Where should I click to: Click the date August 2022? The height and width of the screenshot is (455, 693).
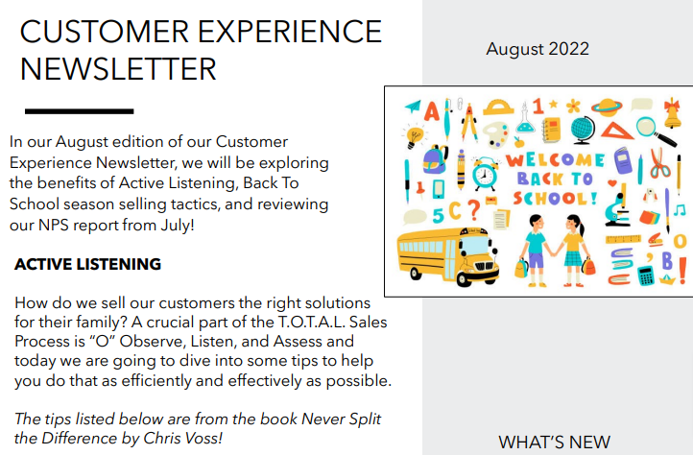coord(538,49)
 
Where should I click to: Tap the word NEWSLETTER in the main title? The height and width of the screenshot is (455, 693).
coord(118,69)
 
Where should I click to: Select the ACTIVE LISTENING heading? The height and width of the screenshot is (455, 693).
coord(88,264)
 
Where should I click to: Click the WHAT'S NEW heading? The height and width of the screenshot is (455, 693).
coord(554,442)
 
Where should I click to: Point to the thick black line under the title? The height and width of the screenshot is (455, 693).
coord(79,111)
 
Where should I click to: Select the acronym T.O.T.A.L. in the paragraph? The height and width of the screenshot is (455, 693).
coord(311,322)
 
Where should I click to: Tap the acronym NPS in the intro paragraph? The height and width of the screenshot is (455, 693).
coord(53,225)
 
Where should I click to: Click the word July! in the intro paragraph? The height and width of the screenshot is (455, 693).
coord(178,225)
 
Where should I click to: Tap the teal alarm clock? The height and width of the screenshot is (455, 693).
coord(485,174)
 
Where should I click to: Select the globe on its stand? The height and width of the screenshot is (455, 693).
coord(583,131)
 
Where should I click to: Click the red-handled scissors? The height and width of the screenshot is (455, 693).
coord(659,163)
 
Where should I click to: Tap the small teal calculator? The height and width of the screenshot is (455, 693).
coord(646,275)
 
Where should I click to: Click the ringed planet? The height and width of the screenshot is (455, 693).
coord(607,107)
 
